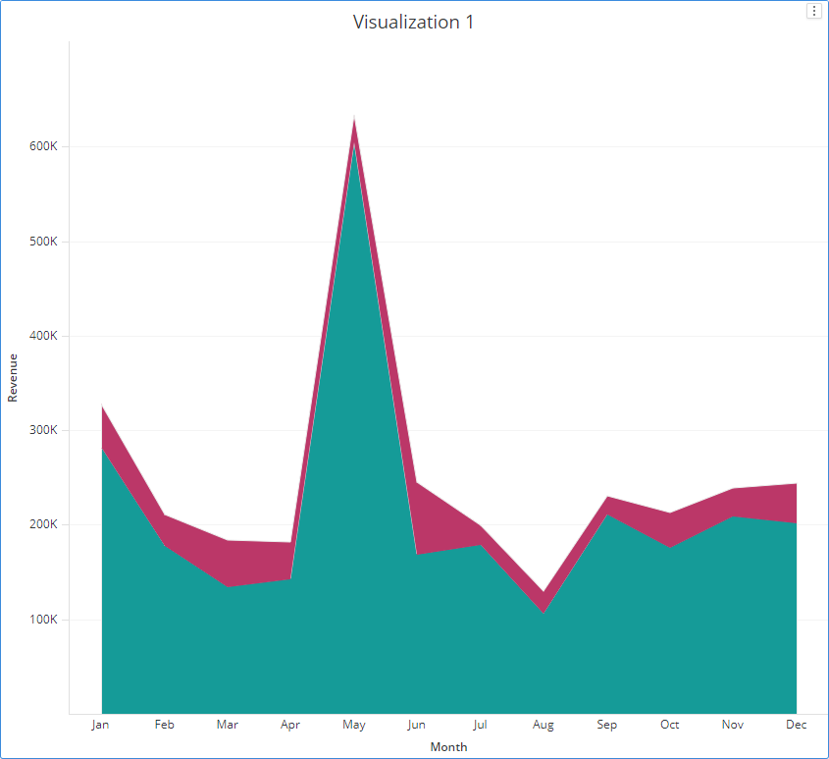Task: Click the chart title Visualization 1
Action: [x=413, y=22]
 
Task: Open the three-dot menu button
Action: [x=813, y=11]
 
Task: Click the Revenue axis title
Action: [x=13, y=378]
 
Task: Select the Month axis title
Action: [x=448, y=747]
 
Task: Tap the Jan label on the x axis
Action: [x=101, y=725]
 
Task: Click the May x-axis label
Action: [x=354, y=725]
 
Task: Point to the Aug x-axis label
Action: [x=544, y=725]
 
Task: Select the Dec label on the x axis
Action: [x=796, y=725]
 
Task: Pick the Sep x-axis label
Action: [x=607, y=725]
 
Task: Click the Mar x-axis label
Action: [x=228, y=725]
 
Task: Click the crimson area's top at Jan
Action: [x=102, y=407]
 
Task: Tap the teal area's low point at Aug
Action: [x=544, y=613]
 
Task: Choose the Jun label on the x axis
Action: [x=417, y=725]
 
